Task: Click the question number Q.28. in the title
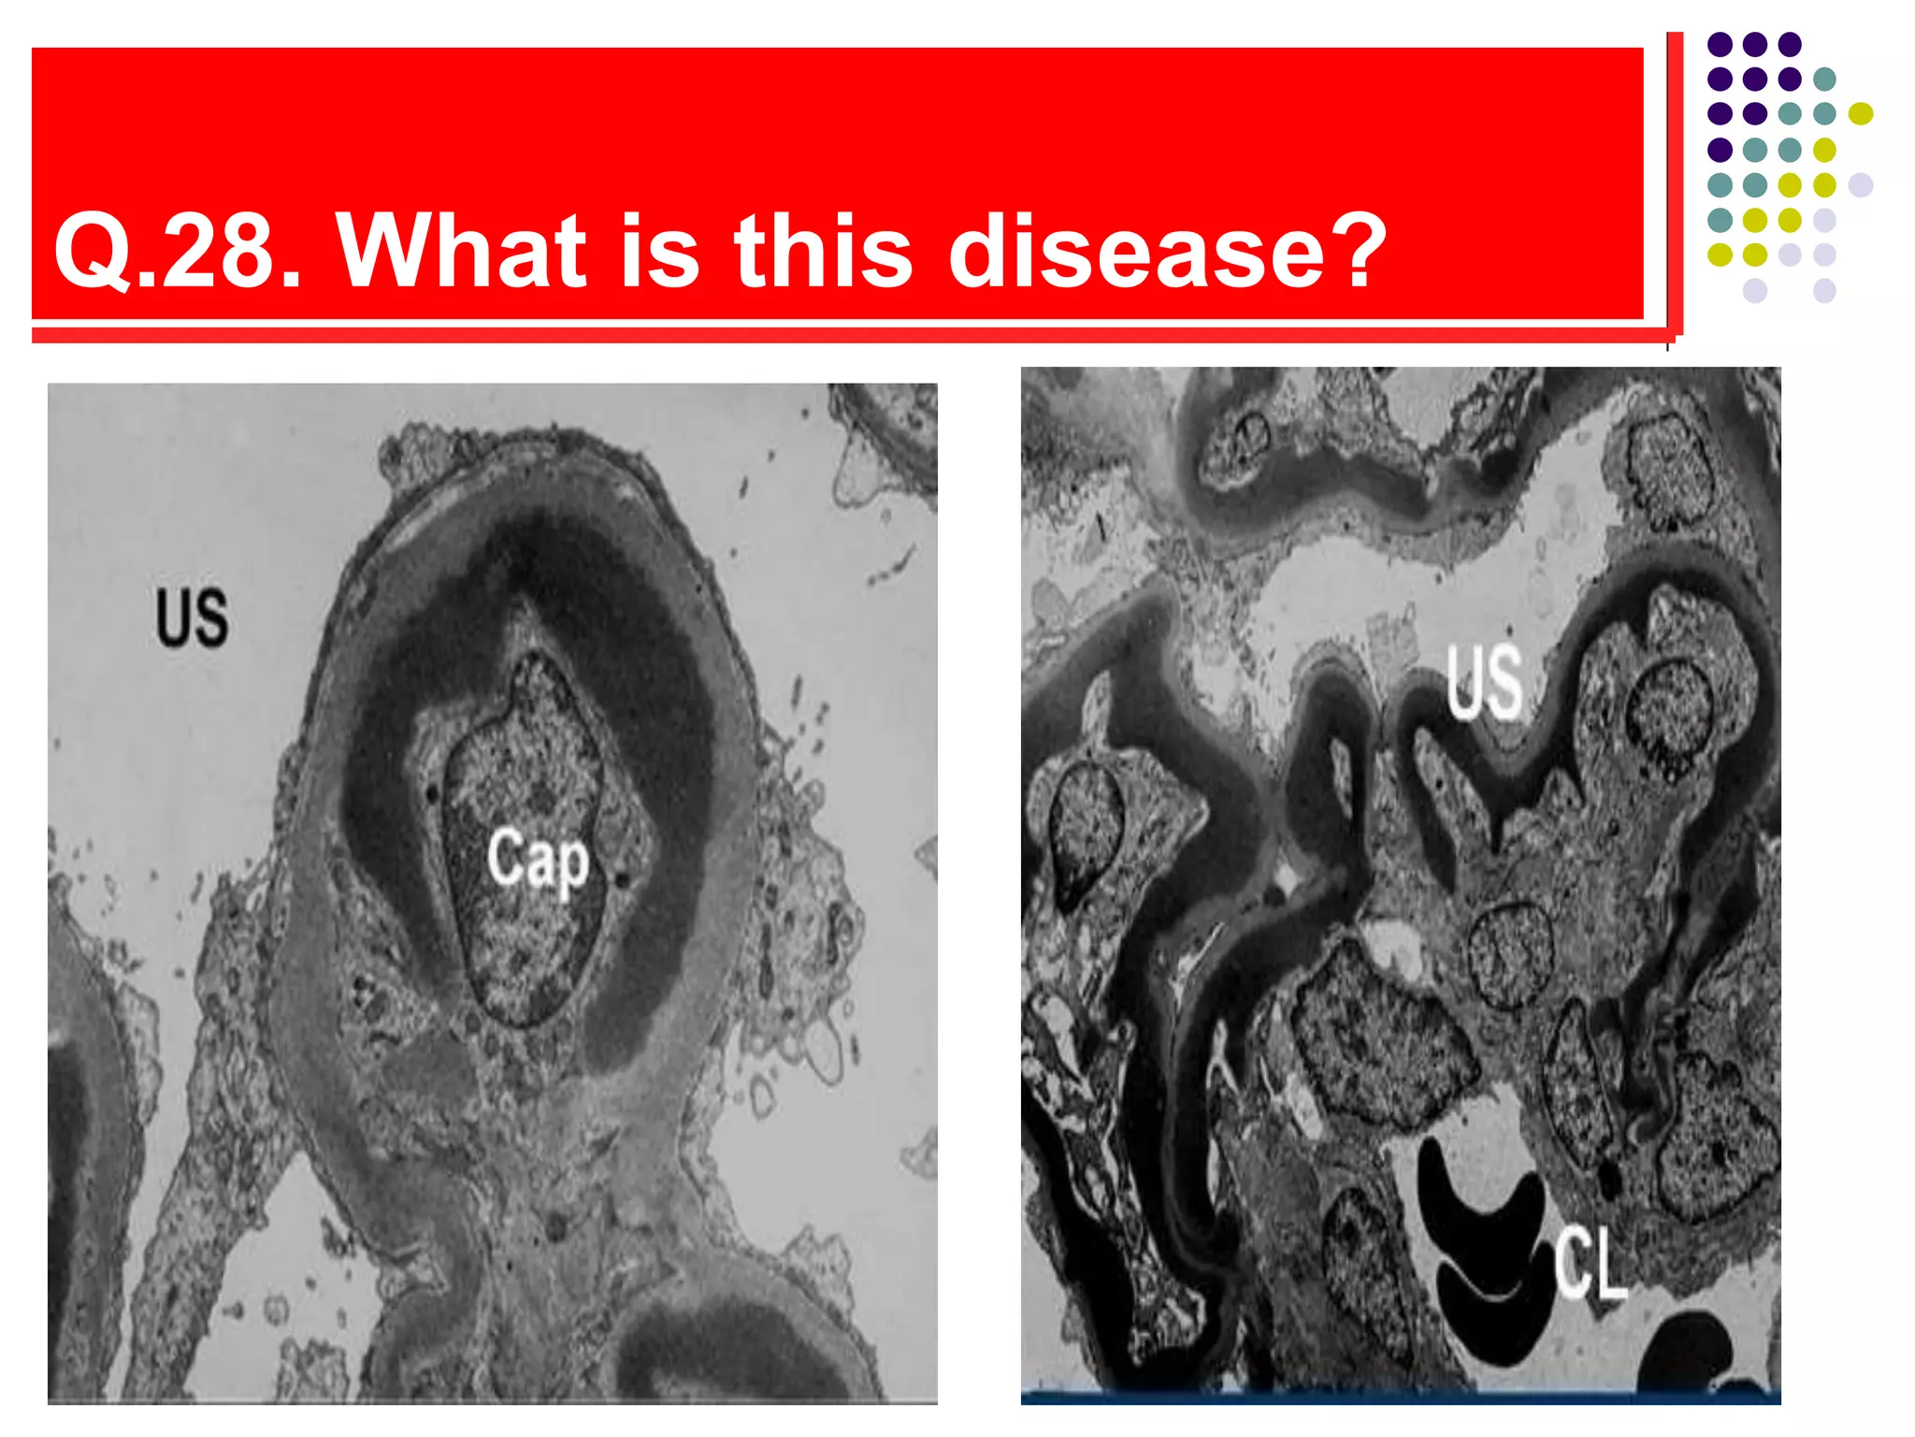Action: pos(178,252)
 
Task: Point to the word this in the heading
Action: pos(823,250)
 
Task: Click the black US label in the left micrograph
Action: pos(192,617)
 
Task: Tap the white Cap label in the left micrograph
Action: pos(538,859)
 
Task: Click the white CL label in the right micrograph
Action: pos(1590,1265)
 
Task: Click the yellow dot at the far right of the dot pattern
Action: pos(1861,114)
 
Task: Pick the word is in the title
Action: pos(659,250)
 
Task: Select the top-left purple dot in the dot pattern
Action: pos(1720,44)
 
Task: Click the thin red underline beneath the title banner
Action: pos(842,336)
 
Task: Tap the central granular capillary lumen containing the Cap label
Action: pos(528,898)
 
